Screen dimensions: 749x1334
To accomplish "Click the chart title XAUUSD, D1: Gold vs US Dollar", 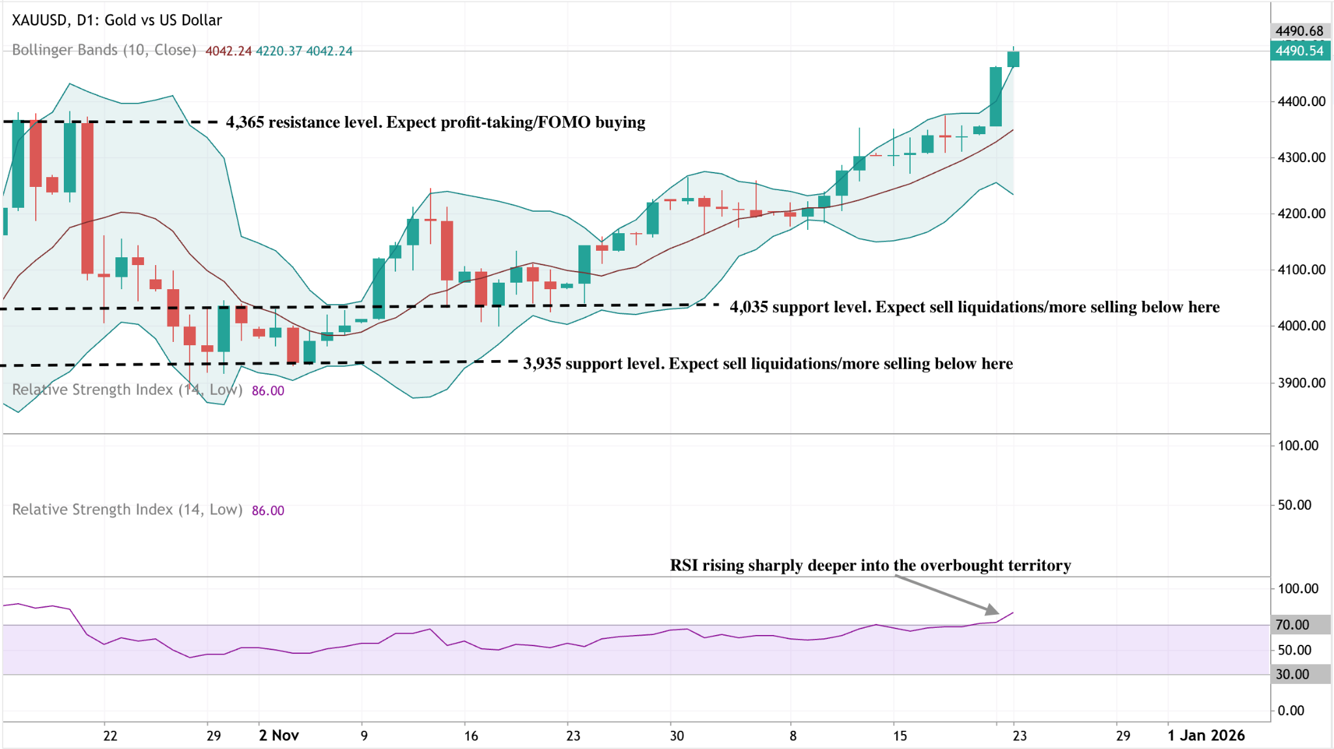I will point(117,20).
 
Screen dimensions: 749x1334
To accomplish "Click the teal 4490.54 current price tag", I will point(1299,51).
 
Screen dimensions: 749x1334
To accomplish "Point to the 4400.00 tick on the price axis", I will point(1301,102).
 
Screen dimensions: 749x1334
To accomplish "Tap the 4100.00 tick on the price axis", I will point(1301,270).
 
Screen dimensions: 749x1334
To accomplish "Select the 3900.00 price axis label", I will point(1301,383).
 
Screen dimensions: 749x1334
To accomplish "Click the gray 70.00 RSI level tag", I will point(1292,625).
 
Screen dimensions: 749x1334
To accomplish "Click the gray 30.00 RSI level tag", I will point(1292,674).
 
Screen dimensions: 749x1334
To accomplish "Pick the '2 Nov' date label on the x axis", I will point(279,735).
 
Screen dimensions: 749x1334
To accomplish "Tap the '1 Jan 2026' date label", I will point(1206,735).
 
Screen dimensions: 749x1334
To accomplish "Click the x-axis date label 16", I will point(471,736).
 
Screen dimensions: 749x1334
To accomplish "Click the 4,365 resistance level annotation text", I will point(435,122).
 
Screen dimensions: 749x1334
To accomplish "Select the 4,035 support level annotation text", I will point(974,307).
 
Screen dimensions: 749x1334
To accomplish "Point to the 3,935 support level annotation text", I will point(768,363).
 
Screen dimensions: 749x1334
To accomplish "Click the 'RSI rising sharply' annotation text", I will point(870,565).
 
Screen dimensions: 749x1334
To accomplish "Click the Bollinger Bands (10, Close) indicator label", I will point(104,50).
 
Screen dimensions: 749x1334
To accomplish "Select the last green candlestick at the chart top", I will point(1013,59).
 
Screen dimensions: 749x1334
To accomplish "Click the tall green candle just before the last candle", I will point(995,96).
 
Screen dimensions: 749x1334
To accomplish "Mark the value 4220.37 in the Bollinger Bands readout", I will point(279,51).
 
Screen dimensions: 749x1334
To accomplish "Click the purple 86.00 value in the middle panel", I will point(268,511).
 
